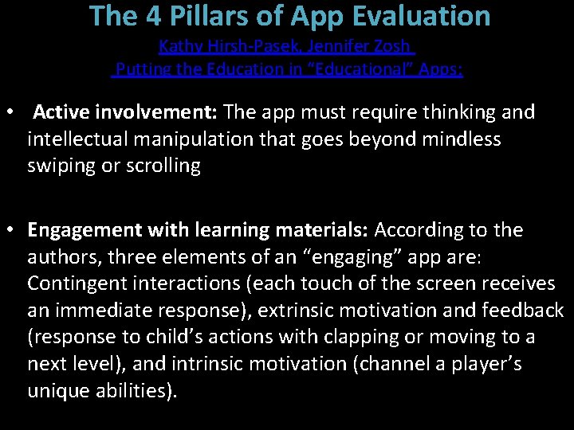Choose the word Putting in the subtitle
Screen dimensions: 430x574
point(143,69)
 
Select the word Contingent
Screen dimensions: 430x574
point(74,283)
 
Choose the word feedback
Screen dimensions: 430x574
point(525,311)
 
